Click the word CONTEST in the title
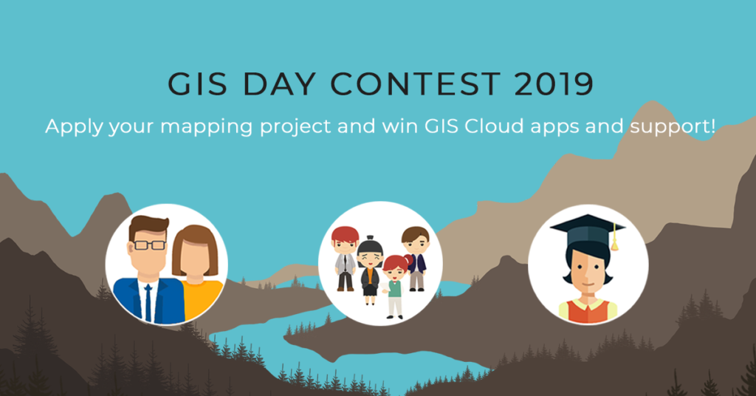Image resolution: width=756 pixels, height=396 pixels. coord(415,84)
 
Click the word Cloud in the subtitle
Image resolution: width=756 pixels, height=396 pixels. coord(494,126)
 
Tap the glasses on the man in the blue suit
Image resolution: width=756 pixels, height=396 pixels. coord(149,245)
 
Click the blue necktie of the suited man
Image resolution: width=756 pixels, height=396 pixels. coord(148,302)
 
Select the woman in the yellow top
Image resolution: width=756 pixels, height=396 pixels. coord(196,273)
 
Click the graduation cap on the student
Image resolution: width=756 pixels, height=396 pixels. coord(588,233)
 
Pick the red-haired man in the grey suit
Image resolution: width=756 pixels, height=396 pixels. coord(346,259)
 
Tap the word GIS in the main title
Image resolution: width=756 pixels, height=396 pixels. coord(198,84)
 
